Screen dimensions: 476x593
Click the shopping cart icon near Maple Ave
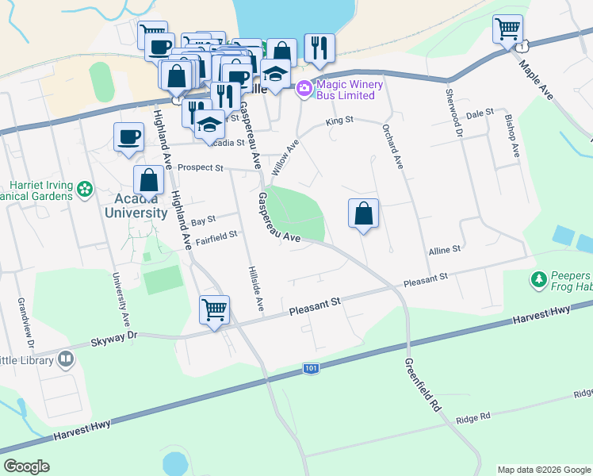[x=507, y=30]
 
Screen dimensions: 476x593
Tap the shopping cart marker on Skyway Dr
[x=214, y=309]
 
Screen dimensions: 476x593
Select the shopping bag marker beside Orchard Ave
[x=363, y=213]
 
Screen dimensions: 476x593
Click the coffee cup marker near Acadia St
[x=128, y=138]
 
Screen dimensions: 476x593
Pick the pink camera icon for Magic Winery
[x=304, y=90]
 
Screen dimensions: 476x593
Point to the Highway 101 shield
[x=312, y=369]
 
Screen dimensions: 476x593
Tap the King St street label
[x=339, y=121]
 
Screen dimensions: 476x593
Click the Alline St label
[x=445, y=250]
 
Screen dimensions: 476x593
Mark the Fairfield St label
[x=216, y=236]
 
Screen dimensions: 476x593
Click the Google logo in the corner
[x=26, y=466]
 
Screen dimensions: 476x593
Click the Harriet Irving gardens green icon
[x=85, y=190]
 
